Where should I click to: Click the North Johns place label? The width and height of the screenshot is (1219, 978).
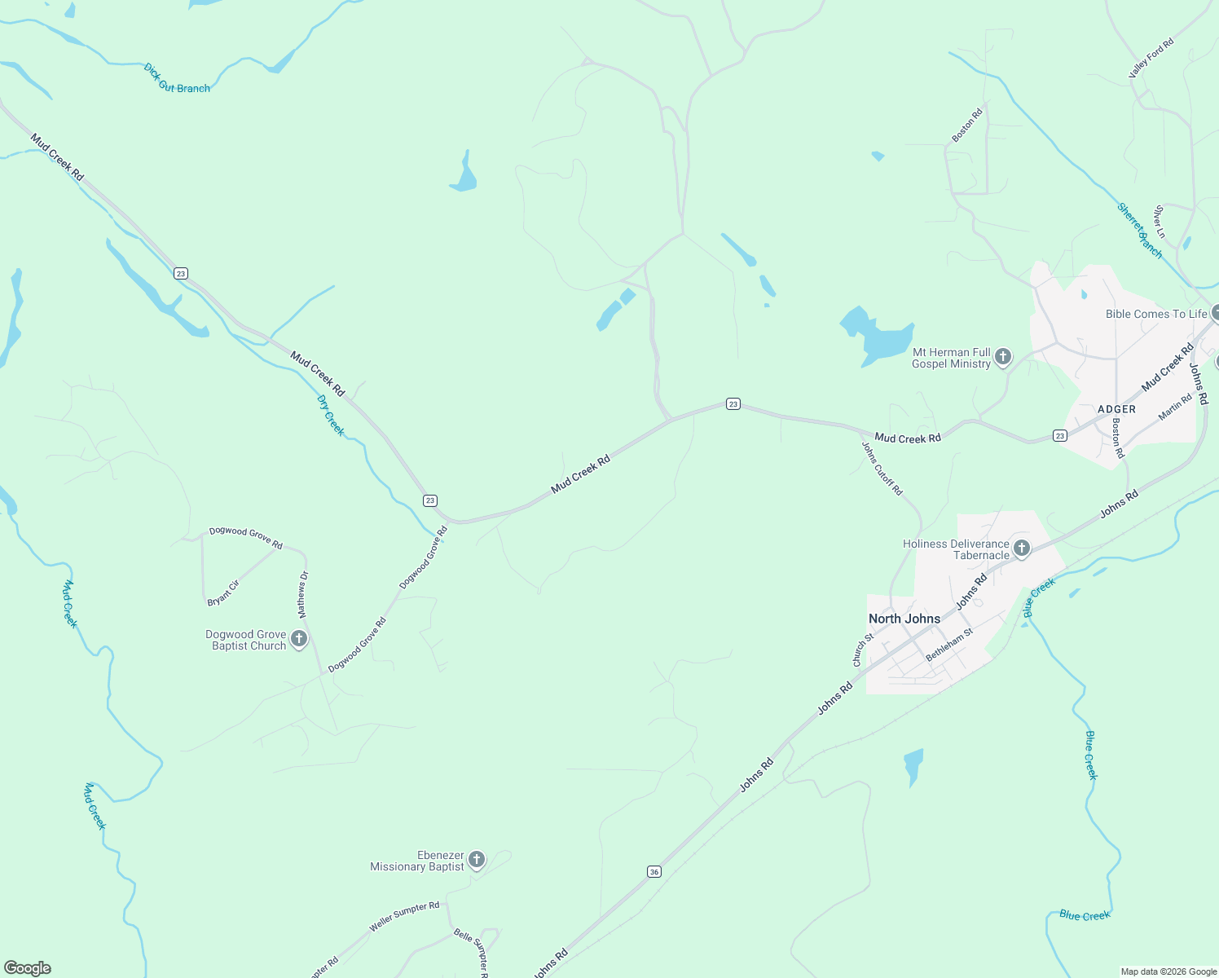(x=904, y=619)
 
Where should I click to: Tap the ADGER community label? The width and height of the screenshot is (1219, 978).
(x=1116, y=409)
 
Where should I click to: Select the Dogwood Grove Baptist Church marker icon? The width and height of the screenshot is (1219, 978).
(x=299, y=639)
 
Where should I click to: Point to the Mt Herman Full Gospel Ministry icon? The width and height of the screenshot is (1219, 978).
(x=1003, y=356)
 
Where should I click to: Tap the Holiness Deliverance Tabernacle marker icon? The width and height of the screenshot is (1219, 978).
(x=1022, y=548)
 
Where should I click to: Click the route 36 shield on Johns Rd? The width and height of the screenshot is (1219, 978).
(x=654, y=872)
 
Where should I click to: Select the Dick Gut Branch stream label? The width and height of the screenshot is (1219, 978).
(x=177, y=79)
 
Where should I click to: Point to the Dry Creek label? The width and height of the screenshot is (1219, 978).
(x=331, y=416)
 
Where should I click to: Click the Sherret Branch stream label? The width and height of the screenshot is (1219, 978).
(x=1140, y=231)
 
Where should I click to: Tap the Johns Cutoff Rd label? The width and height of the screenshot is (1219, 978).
(x=882, y=469)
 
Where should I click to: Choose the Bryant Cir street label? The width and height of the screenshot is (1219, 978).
(x=223, y=593)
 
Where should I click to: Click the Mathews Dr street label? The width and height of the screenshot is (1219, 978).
(x=303, y=594)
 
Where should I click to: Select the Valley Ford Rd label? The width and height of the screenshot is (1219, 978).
(x=1151, y=59)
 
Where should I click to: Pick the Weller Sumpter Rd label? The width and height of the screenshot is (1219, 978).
(x=404, y=917)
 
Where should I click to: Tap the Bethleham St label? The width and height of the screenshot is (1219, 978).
(x=949, y=645)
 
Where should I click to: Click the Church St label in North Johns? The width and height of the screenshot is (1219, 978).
(x=859, y=650)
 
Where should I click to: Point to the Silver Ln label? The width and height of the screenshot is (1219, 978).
(x=1159, y=222)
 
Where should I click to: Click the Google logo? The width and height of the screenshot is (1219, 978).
(x=28, y=968)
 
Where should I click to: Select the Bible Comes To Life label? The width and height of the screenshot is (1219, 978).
(x=1156, y=314)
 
